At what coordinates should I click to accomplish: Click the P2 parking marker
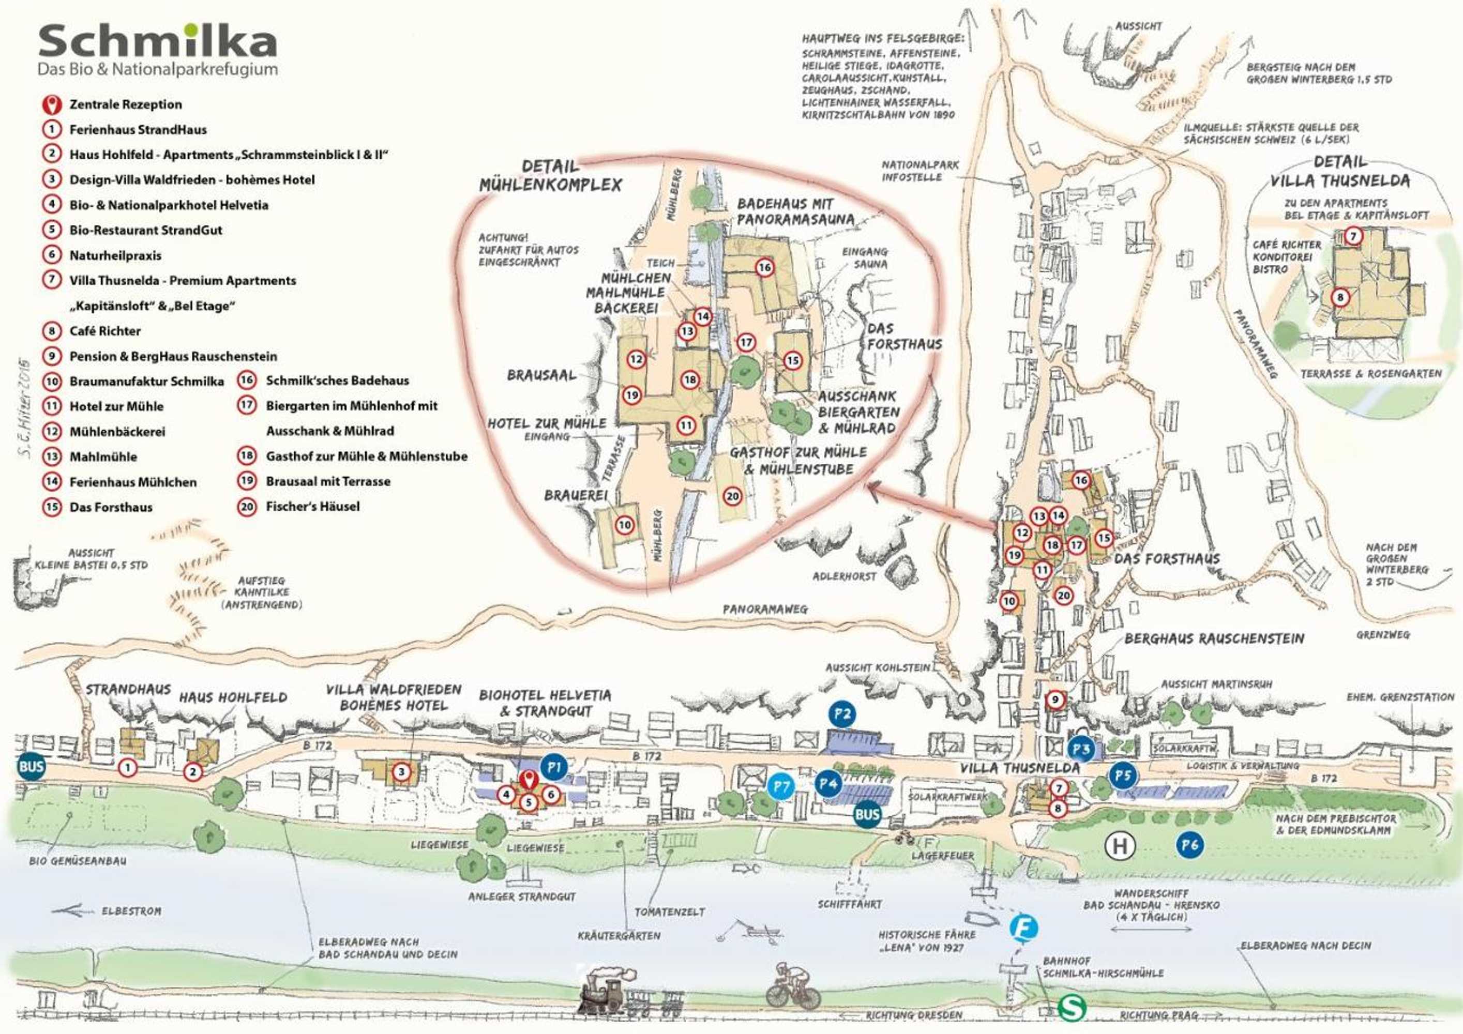[842, 714]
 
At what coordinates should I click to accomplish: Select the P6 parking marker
[1189, 845]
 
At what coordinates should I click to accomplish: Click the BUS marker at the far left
[31, 766]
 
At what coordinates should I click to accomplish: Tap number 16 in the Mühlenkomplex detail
[765, 268]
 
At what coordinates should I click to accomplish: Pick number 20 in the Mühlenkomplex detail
[733, 496]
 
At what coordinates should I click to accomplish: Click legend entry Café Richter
[104, 331]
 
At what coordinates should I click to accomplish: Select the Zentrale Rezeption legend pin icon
[52, 104]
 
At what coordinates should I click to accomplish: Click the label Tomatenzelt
[669, 911]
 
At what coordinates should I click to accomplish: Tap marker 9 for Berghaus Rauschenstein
[1055, 700]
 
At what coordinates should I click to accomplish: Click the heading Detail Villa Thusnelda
[1340, 172]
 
